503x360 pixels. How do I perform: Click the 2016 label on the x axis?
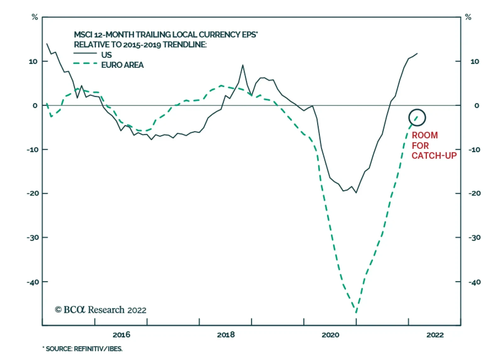(121, 335)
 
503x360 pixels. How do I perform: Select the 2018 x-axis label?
(226, 335)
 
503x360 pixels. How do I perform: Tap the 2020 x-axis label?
(330, 335)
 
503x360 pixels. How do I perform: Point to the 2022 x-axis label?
(435, 335)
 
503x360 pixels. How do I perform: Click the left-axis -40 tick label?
(33, 282)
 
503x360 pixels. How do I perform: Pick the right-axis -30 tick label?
(474, 238)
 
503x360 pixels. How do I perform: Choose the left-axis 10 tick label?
(33, 62)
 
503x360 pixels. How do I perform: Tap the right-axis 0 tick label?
(477, 106)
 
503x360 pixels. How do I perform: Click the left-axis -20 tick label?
(33, 194)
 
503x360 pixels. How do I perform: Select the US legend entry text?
(106, 55)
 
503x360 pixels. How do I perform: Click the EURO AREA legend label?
(122, 65)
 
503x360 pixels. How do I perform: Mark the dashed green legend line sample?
(85, 63)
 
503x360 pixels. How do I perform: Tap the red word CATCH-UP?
(434, 156)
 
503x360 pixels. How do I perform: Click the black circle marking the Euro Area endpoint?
(417, 117)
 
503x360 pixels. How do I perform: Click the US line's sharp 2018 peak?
(243, 65)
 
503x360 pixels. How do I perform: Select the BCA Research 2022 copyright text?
(101, 310)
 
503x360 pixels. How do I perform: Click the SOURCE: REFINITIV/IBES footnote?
(84, 349)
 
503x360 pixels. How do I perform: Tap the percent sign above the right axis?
(468, 17)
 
